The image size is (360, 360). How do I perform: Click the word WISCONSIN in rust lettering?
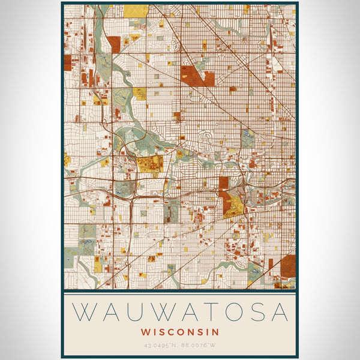point(180,331)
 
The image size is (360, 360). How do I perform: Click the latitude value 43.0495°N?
point(161,345)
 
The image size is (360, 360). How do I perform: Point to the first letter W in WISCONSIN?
point(146,331)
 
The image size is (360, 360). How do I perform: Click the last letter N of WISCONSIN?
point(215,331)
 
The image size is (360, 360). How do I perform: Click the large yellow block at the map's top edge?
point(137,10)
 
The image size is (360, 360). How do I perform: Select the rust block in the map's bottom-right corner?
point(288,266)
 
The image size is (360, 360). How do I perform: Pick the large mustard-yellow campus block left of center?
point(149,164)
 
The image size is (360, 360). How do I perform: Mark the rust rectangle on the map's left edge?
point(68,63)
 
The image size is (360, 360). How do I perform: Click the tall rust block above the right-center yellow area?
point(224,183)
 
